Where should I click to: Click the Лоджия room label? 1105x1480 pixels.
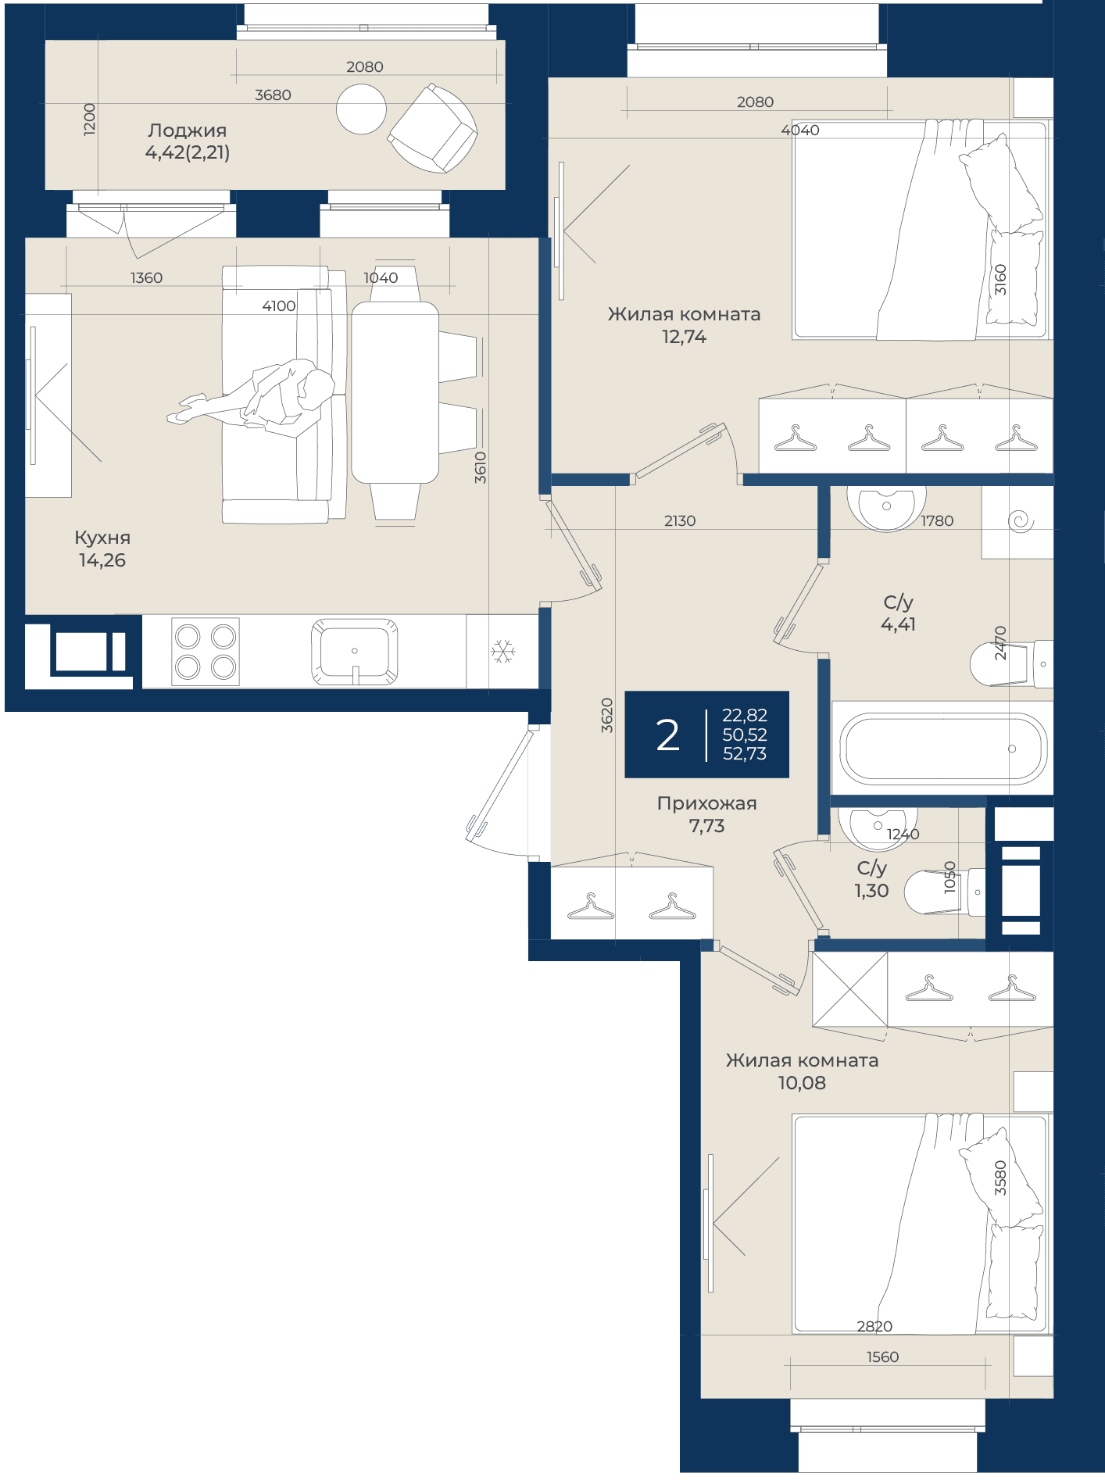pos(188,130)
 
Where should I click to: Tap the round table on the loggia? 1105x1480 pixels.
pos(361,109)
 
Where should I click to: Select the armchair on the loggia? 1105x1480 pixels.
pos(433,128)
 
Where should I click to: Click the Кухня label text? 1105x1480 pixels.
pos(102,538)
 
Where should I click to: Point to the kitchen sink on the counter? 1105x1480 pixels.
pos(354,652)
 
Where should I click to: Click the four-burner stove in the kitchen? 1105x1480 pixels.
pos(206,652)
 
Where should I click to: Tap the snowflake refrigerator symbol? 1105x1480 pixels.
pos(503,652)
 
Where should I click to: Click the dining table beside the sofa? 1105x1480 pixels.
pos(395,393)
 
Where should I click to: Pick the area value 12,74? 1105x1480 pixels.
pos(684,337)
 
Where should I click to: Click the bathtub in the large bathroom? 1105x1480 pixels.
pos(942,748)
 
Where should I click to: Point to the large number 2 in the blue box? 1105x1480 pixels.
pos(667,735)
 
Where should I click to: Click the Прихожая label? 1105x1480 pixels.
pos(706,803)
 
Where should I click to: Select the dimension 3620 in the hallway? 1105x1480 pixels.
pos(607,715)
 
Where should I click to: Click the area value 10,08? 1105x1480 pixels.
pos(802,1083)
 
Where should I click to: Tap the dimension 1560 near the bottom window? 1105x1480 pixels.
pos(883,1357)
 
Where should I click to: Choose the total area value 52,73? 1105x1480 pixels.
pos(745,754)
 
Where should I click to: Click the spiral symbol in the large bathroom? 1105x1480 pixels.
pos(1021,521)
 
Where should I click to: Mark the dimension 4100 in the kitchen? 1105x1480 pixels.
pos(279,306)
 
